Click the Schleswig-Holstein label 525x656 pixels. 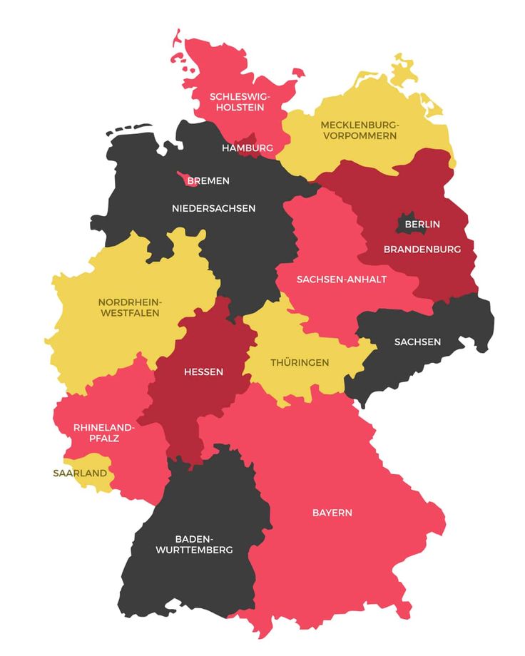(236, 102)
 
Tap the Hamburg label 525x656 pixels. (248, 148)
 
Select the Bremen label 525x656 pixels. (208, 181)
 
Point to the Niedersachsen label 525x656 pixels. (213, 208)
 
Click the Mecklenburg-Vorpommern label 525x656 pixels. (360, 130)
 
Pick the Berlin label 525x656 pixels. (422, 224)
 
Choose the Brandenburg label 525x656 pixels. (422, 250)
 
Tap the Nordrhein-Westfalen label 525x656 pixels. (129, 307)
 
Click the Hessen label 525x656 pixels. (203, 372)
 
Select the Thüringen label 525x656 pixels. (300, 363)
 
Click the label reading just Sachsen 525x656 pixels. (417, 342)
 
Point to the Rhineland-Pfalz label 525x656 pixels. (103, 433)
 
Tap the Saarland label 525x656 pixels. (80, 473)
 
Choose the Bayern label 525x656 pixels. (332, 513)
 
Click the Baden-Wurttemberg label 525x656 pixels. (193, 544)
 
